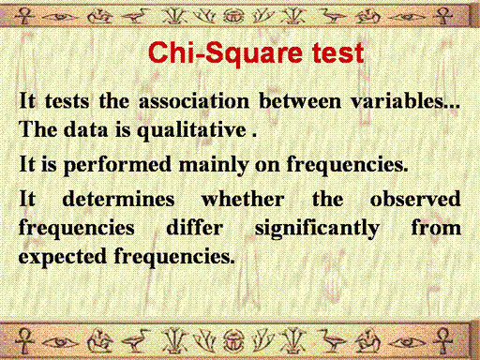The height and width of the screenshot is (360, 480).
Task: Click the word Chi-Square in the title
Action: click(225, 52)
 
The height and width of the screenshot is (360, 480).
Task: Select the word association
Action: click(194, 101)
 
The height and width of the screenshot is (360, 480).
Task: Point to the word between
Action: click(300, 101)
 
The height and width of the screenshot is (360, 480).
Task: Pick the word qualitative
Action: click(191, 130)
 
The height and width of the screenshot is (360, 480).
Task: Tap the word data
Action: click(85, 129)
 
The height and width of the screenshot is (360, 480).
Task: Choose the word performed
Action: click(117, 165)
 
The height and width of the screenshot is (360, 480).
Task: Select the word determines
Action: click(118, 199)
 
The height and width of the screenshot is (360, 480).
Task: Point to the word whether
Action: click(243, 199)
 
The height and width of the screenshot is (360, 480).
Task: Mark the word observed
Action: click(415, 199)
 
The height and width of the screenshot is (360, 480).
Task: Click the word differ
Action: click(195, 227)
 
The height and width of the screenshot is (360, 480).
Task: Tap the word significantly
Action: click(317, 229)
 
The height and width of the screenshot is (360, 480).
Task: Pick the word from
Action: click(436, 227)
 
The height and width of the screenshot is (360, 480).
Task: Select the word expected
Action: click(63, 257)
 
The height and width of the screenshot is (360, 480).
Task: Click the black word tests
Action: click(67, 101)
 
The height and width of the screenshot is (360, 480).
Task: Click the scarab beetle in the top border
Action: click(232, 15)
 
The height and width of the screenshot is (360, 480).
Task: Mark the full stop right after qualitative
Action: click(254, 136)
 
